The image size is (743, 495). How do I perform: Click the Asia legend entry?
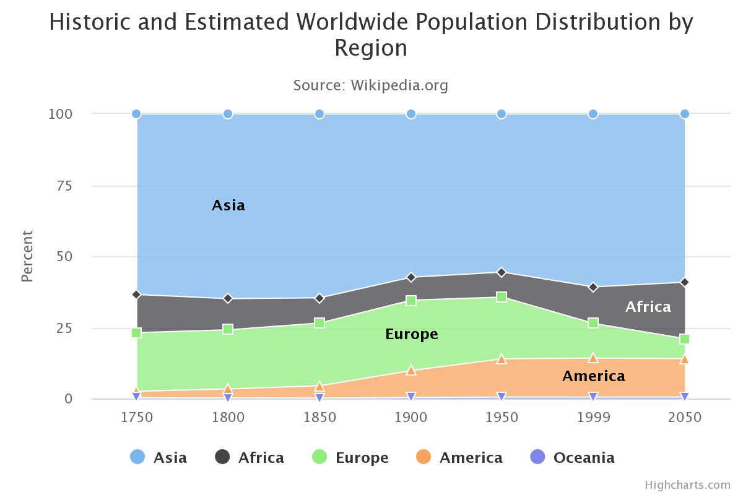(x=159, y=458)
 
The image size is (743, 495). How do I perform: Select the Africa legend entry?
(x=250, y=458)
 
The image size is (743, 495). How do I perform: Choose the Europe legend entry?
(x=351, y=458)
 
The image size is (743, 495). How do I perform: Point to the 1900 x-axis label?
(x=411, y=417)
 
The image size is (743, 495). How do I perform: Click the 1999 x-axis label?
(x=593, y=417)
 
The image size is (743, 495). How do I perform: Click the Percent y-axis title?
(x=27, y=256)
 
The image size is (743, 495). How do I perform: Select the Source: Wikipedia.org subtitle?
(x=370, y=85)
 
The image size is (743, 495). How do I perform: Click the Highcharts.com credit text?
(x=687, y=484)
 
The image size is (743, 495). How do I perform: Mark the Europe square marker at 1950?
(x=502, y=297)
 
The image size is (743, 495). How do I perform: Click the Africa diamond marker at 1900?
(x=411, y=277)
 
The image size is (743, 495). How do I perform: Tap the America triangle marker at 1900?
(x=411, y=370)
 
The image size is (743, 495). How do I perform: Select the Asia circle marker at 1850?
(x=319, y=114)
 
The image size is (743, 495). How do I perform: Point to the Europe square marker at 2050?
(x=684, y=339)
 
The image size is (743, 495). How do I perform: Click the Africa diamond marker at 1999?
(x=593, y=287)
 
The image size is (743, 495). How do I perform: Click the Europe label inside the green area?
(x=411, y=334)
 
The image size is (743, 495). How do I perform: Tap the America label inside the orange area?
(x=593, y=376)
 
